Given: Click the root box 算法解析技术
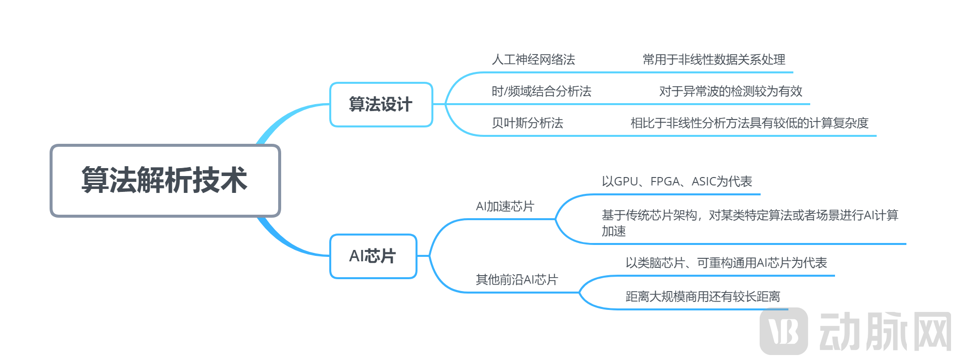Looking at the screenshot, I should (165, 180).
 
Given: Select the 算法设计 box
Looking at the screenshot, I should (381, 105).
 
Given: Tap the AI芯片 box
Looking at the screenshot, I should (373, 256).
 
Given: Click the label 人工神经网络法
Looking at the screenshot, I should (533, 60).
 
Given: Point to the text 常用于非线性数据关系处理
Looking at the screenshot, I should (714, 60).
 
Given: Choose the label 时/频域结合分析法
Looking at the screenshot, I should (541, 92).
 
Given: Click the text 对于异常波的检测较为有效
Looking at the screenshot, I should (730, 92).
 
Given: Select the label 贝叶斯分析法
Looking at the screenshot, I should (527, 123).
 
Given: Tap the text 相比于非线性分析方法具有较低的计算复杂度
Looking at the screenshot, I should (749, 123).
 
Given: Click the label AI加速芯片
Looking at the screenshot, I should (505, 207).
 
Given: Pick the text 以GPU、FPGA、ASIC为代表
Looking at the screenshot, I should (677, 182).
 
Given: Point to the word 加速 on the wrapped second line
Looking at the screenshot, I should (614, 232).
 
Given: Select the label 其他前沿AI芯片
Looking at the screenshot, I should (517, 280).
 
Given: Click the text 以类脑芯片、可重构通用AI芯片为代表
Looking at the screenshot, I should (726, 263).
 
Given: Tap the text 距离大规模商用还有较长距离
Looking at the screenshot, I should (703, 297).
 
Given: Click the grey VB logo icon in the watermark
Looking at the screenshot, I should (783, 331).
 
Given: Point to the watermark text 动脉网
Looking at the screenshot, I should (885, 332).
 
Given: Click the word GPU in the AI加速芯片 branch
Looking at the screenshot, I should (626, 182).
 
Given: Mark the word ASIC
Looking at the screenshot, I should (704, 182).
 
